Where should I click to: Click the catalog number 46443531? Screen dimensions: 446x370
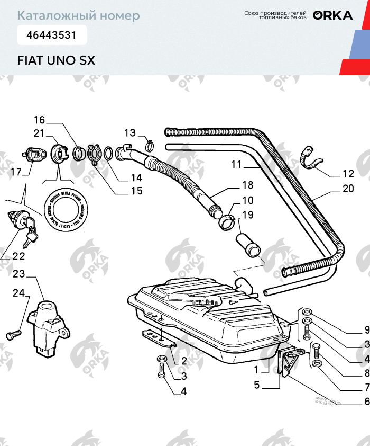(47, 36)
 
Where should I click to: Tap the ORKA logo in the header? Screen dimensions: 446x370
(332, 15)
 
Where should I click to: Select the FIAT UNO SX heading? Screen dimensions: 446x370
(56, 60)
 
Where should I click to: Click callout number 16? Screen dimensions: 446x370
(40, 120)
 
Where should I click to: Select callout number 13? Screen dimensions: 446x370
(130, 132)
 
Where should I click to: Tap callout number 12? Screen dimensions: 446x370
(348, 174)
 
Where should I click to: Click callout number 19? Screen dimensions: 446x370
(247, 215)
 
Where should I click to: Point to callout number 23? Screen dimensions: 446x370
(19, 274)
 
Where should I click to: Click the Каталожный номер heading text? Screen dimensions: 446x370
(79, 16)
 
